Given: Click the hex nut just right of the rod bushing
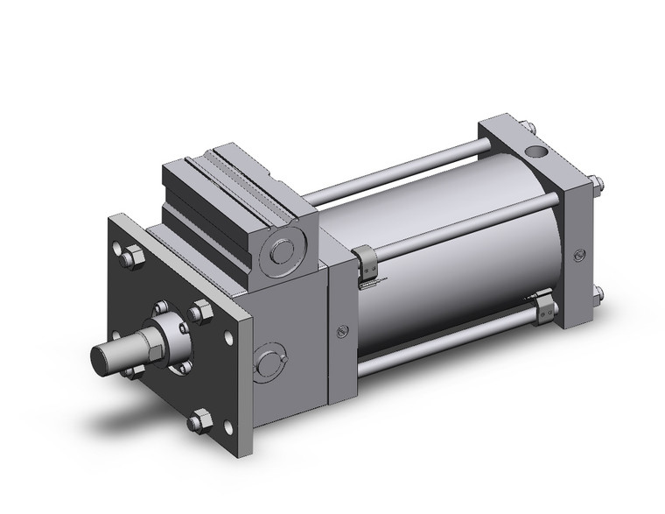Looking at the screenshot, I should click(x=199, y=313).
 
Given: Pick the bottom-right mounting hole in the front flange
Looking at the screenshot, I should click(x=227, y=427).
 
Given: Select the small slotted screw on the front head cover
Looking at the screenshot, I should click(x=342, y=330).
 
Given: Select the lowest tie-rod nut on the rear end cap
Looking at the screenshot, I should click(x=597, y=293).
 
